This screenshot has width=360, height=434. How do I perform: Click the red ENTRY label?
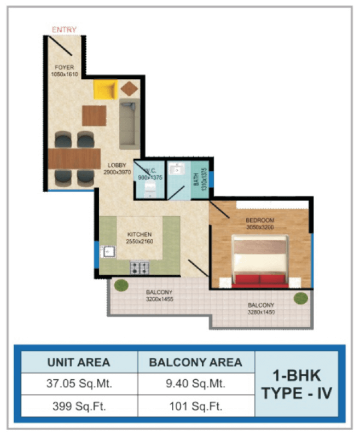[64, 30]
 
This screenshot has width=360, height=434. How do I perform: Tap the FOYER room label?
[64, 67]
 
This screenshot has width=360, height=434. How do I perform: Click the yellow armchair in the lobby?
[106, 89]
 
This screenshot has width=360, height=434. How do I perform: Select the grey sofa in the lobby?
[130, 124]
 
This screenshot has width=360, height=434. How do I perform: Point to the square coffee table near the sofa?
[94, 115]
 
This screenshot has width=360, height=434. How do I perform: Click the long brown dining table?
[74, 159]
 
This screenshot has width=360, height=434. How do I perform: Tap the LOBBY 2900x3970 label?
[117, 169]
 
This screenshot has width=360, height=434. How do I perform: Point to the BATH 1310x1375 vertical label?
[200, 179]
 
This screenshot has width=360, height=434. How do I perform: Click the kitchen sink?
[108, 252]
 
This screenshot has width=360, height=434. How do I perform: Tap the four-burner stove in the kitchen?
[140, 268]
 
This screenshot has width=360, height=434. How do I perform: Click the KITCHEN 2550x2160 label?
[140, 238]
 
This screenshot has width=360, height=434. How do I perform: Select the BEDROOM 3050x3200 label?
[260, 224]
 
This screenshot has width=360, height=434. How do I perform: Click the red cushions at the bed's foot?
[259, 281]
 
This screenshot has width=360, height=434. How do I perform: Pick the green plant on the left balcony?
[121, 285]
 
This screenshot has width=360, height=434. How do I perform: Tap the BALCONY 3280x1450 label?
[261, 309]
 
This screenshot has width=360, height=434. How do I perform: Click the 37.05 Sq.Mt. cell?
[79, 383]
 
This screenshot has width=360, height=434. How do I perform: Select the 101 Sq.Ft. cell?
[196, 406]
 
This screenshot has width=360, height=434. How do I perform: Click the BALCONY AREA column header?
[196, 362]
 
